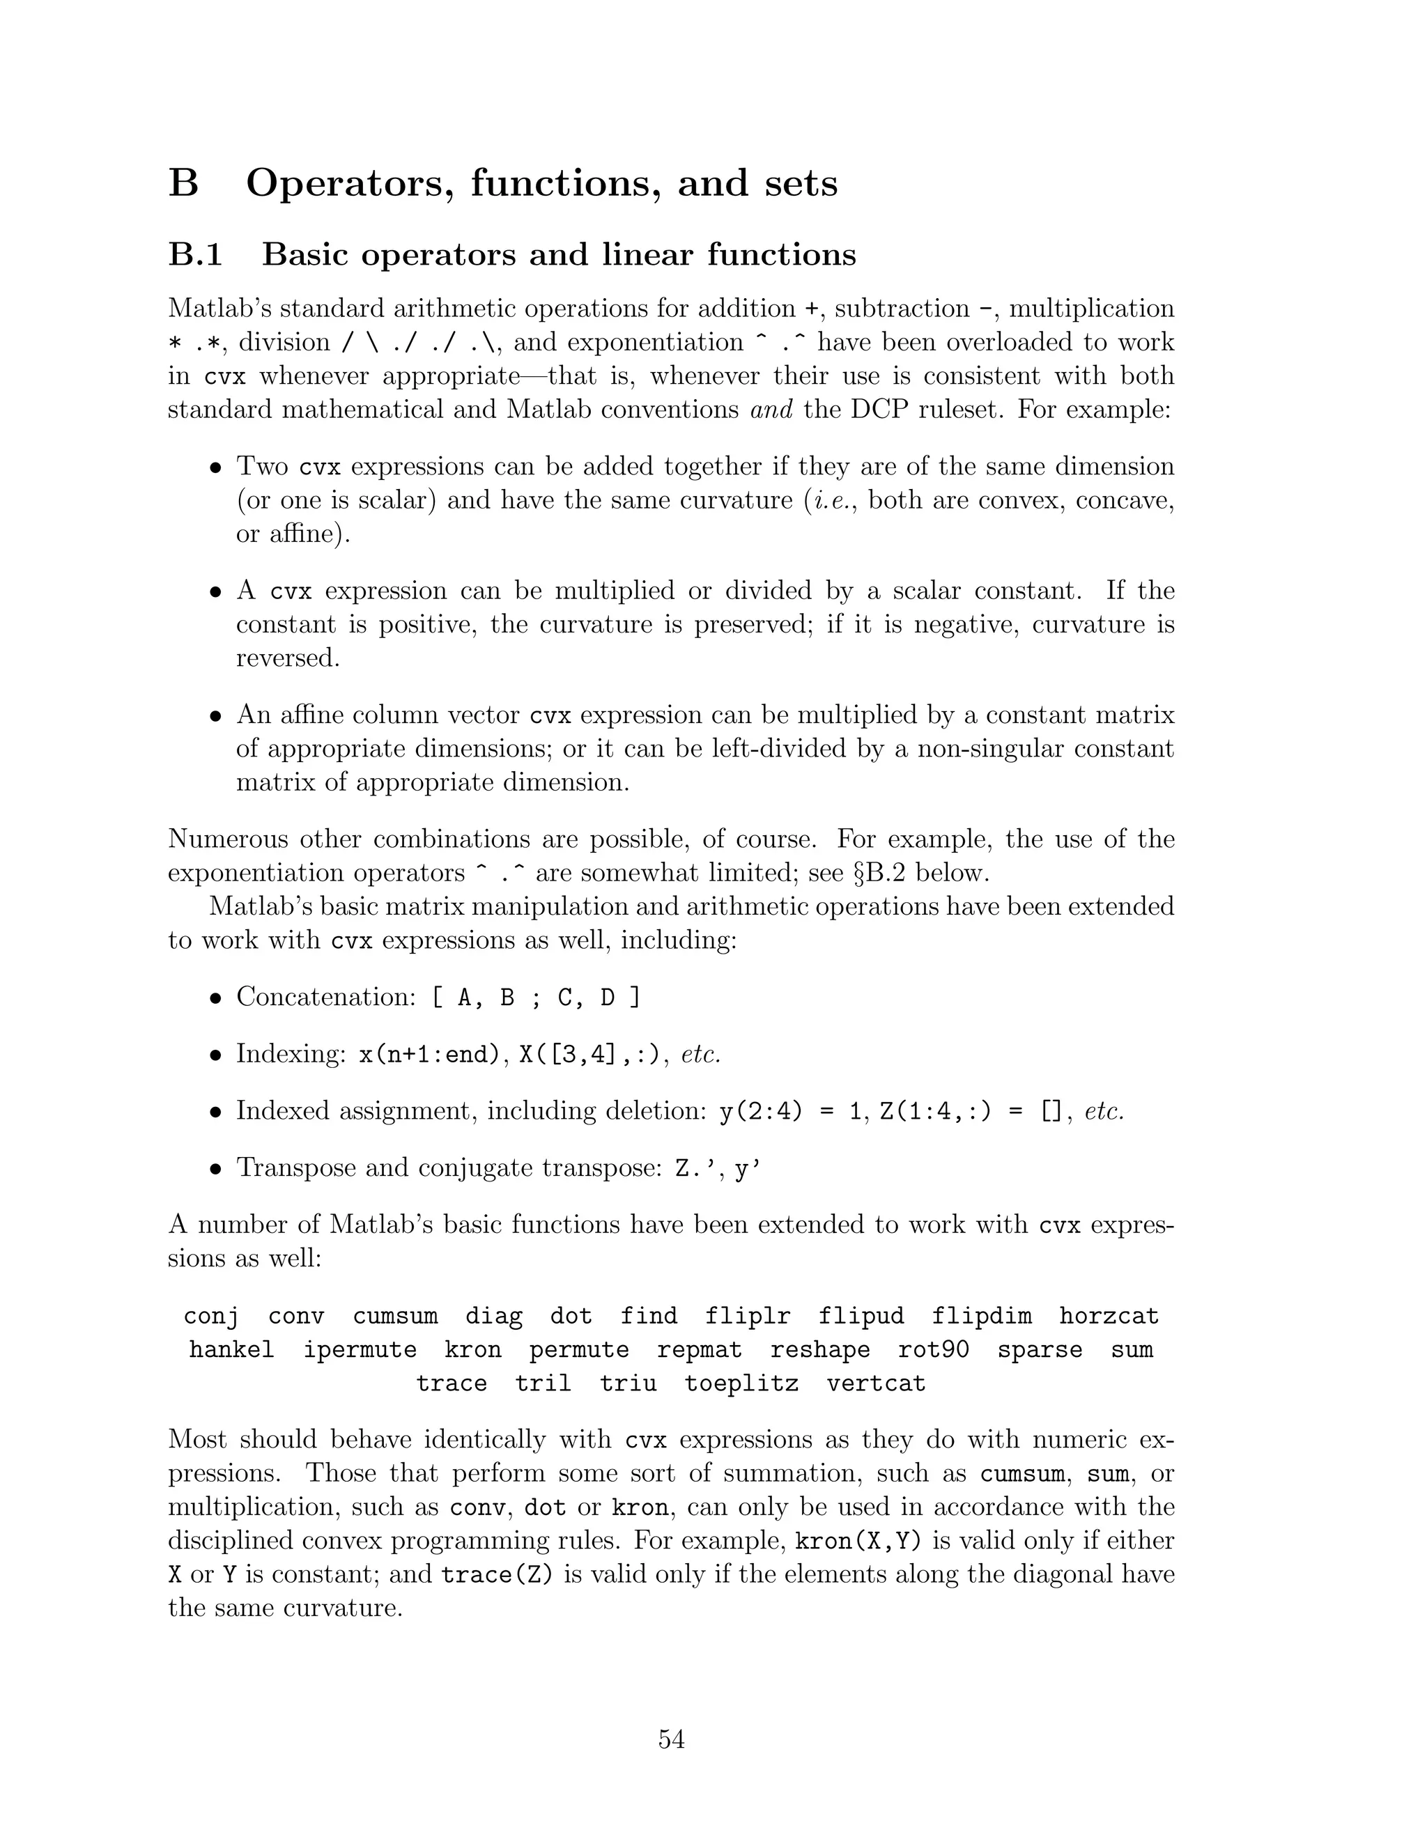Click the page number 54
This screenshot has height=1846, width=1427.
point(671,1739)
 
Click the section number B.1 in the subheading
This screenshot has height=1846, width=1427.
point(195,254)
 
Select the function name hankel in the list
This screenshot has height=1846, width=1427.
point(231,1350)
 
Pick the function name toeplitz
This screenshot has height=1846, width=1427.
point(741,1383)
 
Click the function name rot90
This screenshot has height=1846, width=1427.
point(933,1350)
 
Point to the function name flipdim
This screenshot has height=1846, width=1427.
point(982,1316)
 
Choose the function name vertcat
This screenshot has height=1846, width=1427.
point(876,1383)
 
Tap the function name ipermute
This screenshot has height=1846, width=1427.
point(360,1350)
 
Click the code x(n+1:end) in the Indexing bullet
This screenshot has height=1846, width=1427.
point(429,1055)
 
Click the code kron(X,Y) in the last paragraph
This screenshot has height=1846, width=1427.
point(859,1541)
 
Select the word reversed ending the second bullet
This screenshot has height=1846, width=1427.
point(288,658)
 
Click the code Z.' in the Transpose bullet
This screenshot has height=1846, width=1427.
point(694,1168)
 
